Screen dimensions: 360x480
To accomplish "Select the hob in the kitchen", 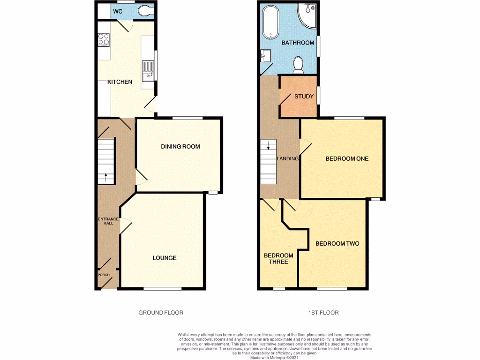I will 104,40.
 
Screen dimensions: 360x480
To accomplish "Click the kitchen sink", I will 148,70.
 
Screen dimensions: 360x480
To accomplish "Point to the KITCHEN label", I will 120,82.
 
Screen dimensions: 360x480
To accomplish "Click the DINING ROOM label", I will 180,147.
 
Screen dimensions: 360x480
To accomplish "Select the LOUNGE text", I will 165,258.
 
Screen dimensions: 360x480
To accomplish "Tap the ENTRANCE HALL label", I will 108,221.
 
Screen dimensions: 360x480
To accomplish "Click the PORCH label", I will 103,275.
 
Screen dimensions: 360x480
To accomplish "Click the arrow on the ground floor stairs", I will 105,177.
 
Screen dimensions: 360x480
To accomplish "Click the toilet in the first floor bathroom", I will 298,65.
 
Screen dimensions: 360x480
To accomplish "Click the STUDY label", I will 304,97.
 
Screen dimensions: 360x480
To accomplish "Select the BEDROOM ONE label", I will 347,159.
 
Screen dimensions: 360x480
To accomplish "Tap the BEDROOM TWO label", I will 337,244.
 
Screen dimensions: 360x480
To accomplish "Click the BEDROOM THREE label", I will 278,258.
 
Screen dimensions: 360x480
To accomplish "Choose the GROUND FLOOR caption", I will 161,313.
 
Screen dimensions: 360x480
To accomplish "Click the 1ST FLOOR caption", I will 323,313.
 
